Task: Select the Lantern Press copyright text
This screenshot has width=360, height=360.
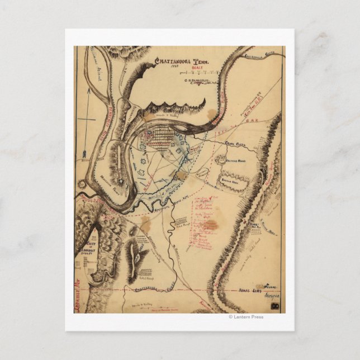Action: [x=246, y=317]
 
